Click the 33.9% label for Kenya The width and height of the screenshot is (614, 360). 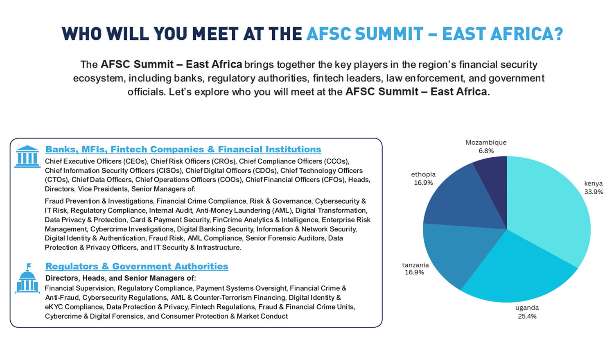(594, 192)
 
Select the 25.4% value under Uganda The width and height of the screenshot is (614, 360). (527, 317)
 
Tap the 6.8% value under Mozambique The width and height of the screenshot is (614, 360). (486, 151)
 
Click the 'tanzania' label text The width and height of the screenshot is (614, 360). (415, 265)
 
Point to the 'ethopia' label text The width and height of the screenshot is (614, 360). (423, 174)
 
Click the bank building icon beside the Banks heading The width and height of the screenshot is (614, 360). (27, 156)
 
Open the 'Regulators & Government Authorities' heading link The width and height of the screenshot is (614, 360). (136, 266)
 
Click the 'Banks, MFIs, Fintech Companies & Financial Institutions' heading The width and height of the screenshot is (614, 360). (183, 149)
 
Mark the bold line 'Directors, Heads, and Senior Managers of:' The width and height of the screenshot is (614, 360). (121, 278)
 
